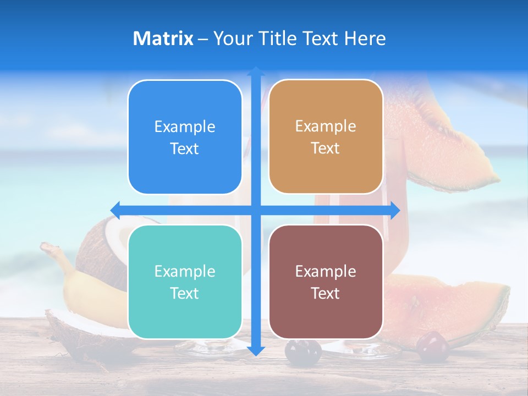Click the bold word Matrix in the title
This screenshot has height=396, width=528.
coord(163,38)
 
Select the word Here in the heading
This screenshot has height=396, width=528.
coord(365,38)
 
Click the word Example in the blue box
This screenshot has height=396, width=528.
coord(185,127)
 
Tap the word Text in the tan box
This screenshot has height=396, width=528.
coord(326,148)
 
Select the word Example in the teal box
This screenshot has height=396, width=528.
coord(185,272)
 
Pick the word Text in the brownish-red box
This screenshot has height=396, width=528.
coord(326,293)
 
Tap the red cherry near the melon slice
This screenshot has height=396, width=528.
coord(432,345)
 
